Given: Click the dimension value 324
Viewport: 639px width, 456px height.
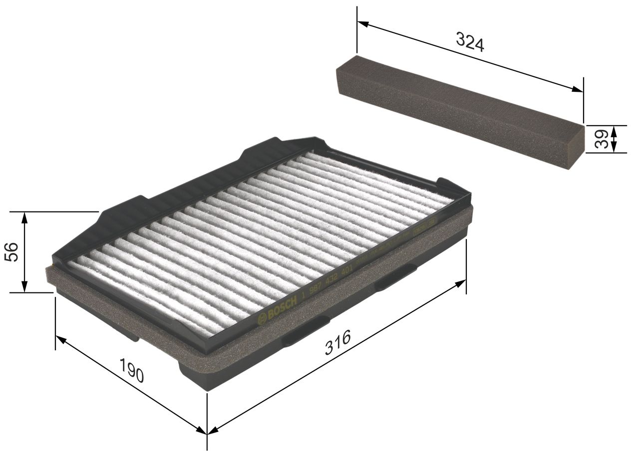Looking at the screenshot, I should tap(470, 42).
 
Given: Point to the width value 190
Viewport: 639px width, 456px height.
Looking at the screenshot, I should tap(132, 369).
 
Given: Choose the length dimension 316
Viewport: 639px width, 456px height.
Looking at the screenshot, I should tap(338, 342).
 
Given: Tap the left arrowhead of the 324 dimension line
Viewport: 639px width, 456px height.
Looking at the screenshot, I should tap(362, 23).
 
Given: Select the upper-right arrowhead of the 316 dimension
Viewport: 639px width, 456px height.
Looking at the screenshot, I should tap(461, 283).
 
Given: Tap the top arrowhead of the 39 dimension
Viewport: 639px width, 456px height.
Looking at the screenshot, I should tap(614, 129).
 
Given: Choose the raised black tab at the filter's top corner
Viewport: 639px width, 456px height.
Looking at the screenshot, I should tap(270, 147).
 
